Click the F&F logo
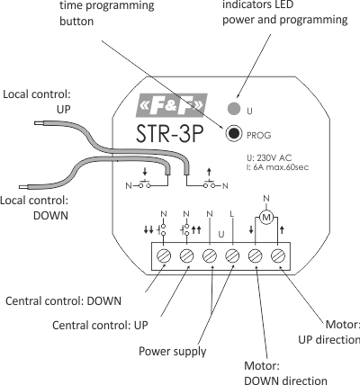click(x=172, y=105)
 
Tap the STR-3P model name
click(x=170, y=133)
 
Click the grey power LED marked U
click(x=234, y=108)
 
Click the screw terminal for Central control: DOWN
click(x=164, y=256)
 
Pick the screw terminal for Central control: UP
click(x=186, y=256)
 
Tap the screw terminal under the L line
click(x=232, y=256)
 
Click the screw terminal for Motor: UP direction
click(x=278, y=256)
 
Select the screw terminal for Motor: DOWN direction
click(x=256, y=256)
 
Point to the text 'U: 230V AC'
click(x=269, y=157)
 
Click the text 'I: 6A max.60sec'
click(x=277, y=167)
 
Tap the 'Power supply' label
click(x=173, y=352)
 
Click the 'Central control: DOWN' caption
click(x=63, y=301)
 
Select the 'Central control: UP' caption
click(x=100, y=326)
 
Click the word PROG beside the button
click(x=258, y=136)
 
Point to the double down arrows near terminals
click(x=148, y=230)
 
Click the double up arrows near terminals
click(x=196, y=230)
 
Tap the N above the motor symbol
click(x=266, y=198)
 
